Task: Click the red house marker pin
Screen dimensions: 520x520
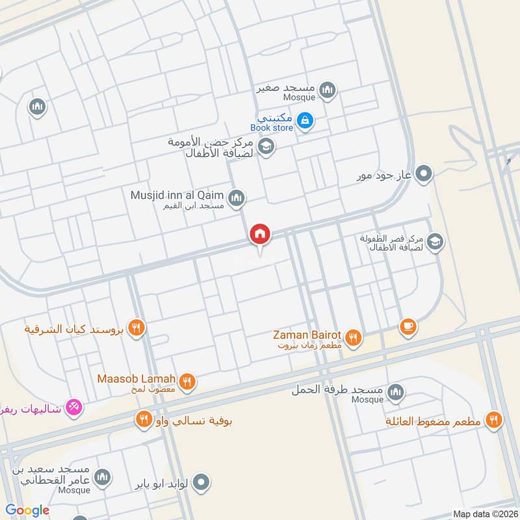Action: [260, 235]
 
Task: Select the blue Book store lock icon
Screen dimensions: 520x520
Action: [304, 120]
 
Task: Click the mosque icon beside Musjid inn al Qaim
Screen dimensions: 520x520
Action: [237, 198]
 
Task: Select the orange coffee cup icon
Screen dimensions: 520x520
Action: [408, 327]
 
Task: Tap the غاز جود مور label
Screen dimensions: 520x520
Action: [385, 175]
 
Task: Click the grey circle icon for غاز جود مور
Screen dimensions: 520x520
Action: [424, 174]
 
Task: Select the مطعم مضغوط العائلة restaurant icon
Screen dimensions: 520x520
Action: [494, 421]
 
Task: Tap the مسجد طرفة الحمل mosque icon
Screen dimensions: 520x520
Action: [395, 393]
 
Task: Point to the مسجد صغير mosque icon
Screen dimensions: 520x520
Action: [327, 90]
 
